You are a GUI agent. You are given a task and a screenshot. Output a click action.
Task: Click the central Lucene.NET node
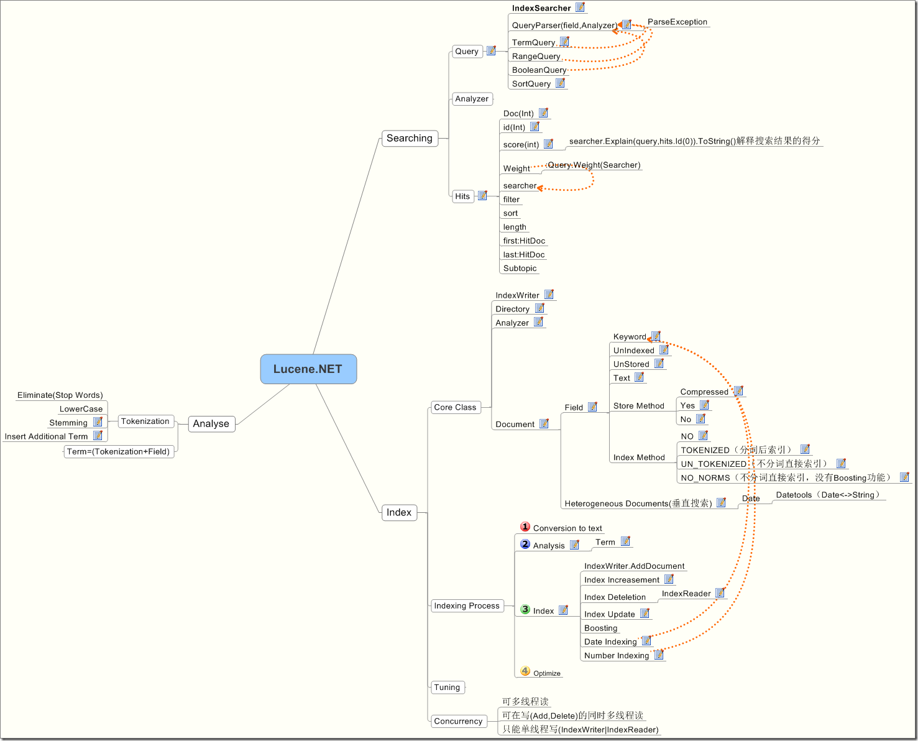click(308, 369)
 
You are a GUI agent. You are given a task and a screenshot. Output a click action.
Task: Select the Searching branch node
click(409, 138)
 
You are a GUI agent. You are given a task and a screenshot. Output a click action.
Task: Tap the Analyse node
click(211, 424)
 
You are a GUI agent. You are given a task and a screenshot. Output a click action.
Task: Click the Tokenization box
click(145, 421)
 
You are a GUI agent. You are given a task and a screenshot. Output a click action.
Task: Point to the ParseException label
click(677, 22)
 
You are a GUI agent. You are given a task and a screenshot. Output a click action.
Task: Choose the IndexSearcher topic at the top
click(541, 8)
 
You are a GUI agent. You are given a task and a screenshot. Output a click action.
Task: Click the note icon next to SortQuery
click(560, 83)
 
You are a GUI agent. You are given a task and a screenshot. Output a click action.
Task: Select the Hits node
click(462, 196)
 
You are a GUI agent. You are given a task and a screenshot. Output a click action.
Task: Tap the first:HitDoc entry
click(524, 241)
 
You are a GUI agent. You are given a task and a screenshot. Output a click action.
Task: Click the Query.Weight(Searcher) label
click(594, 165)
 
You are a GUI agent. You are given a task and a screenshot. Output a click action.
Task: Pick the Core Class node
click(455, 408)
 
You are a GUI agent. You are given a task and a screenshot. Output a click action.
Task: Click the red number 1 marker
click(525, 527)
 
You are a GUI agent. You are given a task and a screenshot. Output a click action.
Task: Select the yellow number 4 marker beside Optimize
click(525, 671)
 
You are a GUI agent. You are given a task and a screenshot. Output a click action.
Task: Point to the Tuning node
click(447, 688)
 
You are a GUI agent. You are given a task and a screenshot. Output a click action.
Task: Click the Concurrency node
click(458, 721)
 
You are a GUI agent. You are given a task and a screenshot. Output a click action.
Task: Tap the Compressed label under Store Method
click(704, 392)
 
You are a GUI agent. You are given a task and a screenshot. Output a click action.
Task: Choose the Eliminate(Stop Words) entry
click(60, 395)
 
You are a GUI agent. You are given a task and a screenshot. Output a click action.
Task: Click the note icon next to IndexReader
click(720, 593)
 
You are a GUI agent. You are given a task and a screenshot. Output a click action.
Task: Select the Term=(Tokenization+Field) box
click(118, 452)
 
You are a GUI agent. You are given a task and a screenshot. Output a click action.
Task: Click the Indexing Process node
click(467, 606)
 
